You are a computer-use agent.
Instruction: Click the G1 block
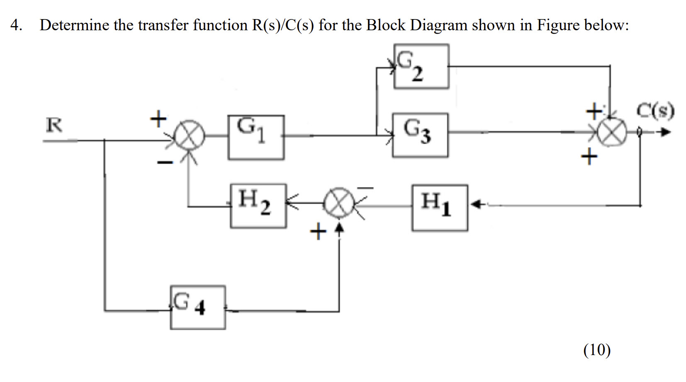click(256, 137)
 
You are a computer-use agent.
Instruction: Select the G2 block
click(421, 66)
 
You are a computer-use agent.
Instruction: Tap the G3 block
click(420, 135)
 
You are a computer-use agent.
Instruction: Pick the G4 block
click(198, 307)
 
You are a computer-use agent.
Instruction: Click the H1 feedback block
click(440, 208)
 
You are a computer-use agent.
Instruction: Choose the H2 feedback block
click(258, 206)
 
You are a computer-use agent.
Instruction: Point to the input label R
click(54, 125)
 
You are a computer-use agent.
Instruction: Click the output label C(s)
click(655, 111)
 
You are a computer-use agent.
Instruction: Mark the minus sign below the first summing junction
click(164, 163)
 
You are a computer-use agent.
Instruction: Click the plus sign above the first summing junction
click(158, 119)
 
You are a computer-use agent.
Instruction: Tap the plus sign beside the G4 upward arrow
click(318, 232)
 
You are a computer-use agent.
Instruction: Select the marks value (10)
click(597, 350)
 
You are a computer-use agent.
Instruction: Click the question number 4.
click(16, 25)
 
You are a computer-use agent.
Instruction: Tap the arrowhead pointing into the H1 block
click(477, 204)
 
